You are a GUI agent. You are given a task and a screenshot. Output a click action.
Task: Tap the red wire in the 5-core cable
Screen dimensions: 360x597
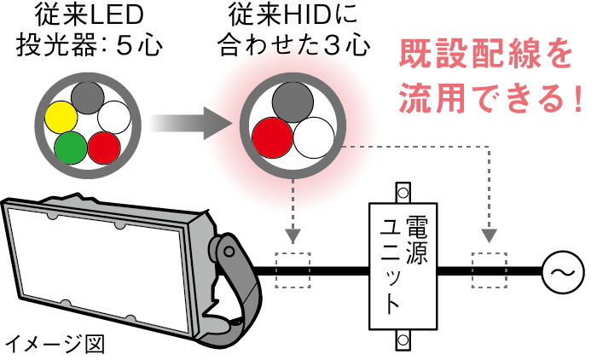[x=104, y=147]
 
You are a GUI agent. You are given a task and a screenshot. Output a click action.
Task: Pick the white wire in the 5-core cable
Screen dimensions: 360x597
[x=113, y=117]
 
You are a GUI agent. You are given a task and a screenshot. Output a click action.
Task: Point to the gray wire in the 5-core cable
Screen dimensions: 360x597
[x=86, y=97]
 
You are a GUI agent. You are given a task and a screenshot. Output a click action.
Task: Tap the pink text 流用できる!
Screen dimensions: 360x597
[x=491, y=98]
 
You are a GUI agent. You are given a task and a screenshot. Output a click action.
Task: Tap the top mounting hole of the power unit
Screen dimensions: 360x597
[x=401, y=190]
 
